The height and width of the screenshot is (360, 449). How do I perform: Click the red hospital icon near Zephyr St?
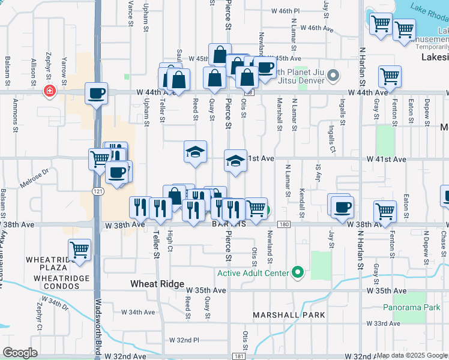[x=49, y=91]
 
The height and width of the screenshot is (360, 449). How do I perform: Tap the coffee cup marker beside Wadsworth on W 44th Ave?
[x=96, y=93]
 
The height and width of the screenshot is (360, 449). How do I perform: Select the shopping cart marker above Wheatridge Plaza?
[x=79, y=249]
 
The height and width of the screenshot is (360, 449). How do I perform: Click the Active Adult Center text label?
[x=253, y=274]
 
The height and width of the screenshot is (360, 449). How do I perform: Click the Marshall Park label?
[x=289, y=314]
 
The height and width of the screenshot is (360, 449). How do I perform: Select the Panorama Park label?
[x=411, y=307]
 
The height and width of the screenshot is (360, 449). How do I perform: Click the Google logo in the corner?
[x=20, y=352]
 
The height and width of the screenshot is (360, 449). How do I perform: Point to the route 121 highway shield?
[x=97, y=191]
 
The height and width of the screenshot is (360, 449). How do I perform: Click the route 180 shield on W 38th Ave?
[x=285, y=224]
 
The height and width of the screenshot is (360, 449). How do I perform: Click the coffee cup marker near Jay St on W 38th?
[x=342, y=207]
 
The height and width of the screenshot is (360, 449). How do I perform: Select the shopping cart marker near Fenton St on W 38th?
[x=384, y=211]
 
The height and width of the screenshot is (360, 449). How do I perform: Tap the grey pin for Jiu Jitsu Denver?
[x=334, y=76]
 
